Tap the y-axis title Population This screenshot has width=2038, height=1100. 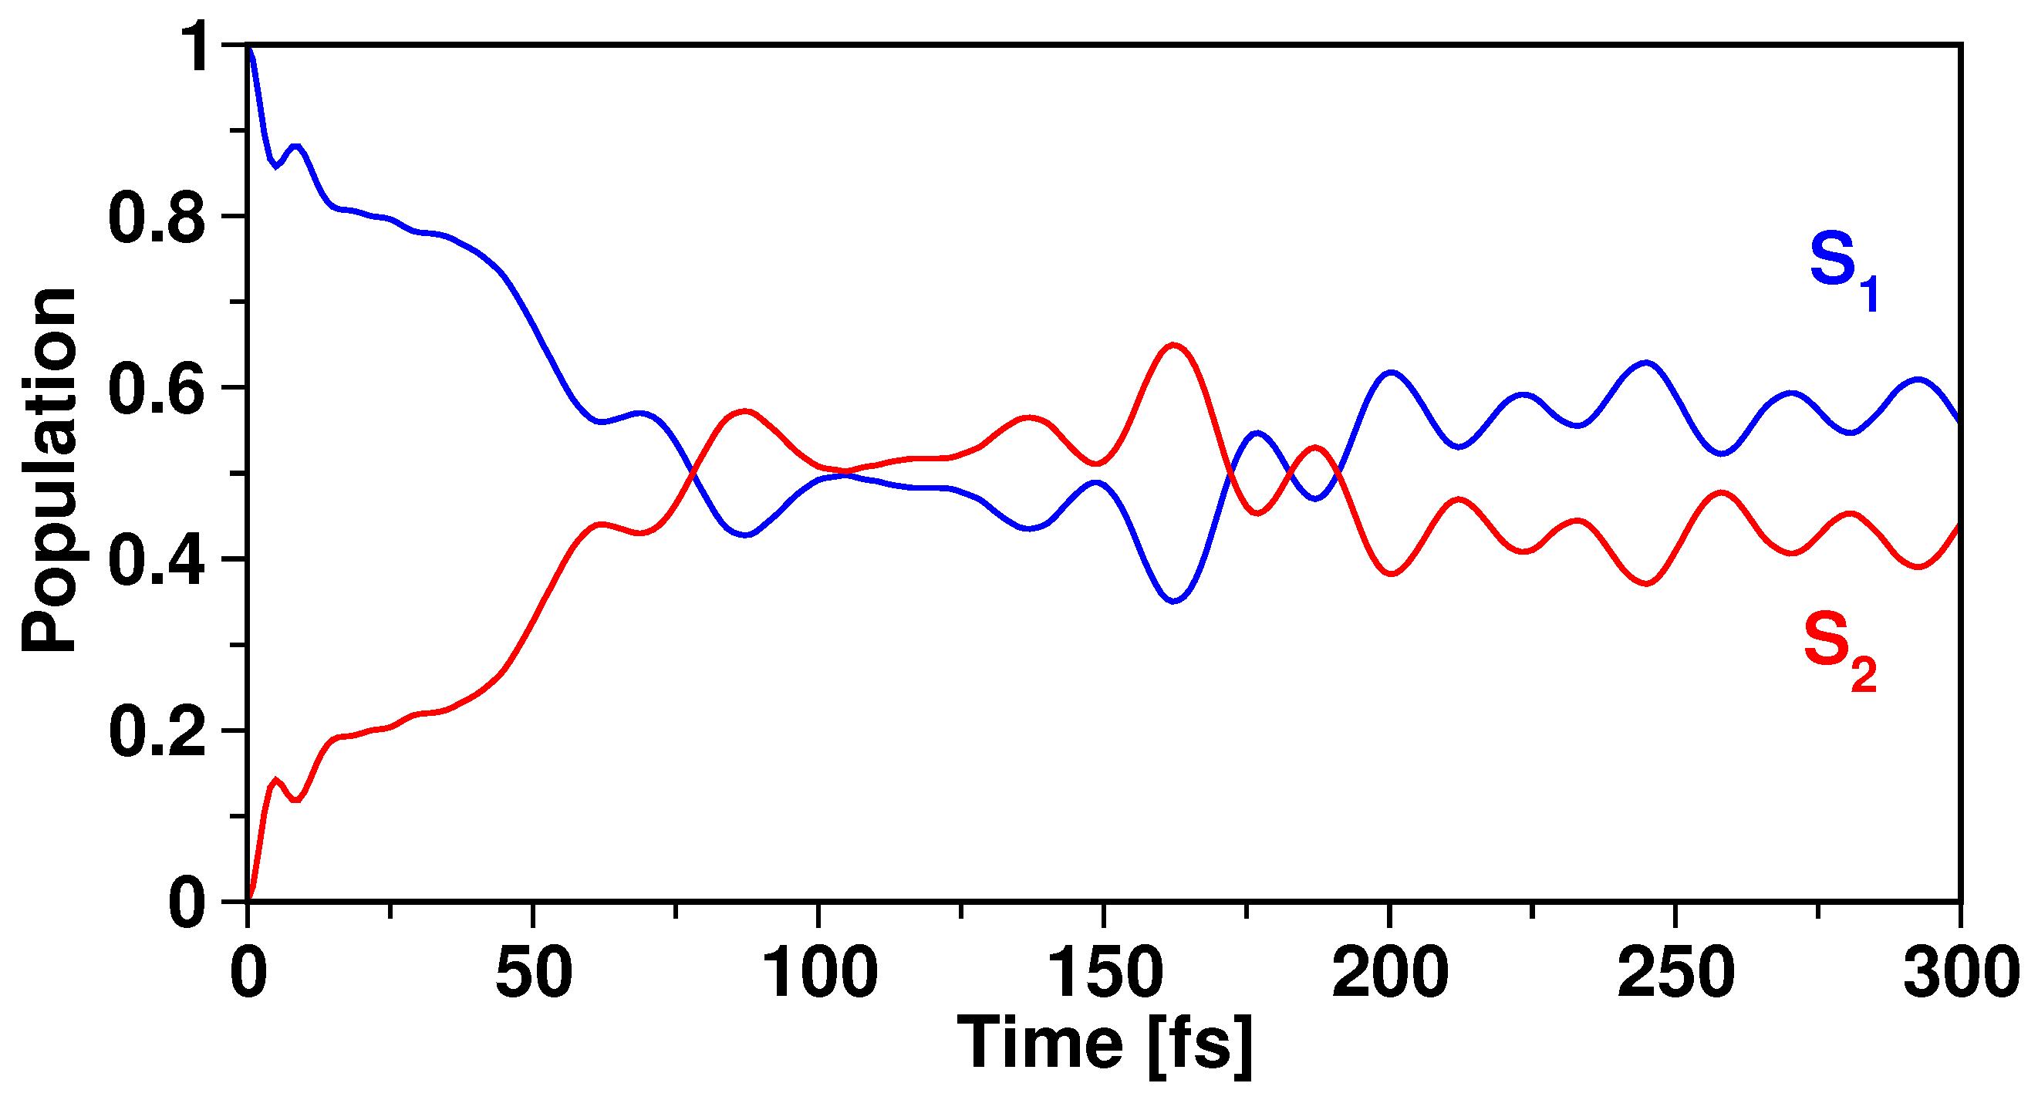point(49,471)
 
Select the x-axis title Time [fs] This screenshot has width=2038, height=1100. point(1105,1044)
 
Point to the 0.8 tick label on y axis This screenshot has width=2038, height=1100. point(156,218)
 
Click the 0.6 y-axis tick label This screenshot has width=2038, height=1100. point(156,389)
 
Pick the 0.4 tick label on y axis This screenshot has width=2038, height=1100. point(156,560)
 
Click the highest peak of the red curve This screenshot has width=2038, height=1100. point(1173,345)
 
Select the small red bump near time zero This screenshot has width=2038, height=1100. point(275,781)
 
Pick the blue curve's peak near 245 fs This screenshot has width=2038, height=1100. point(1646,363)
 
